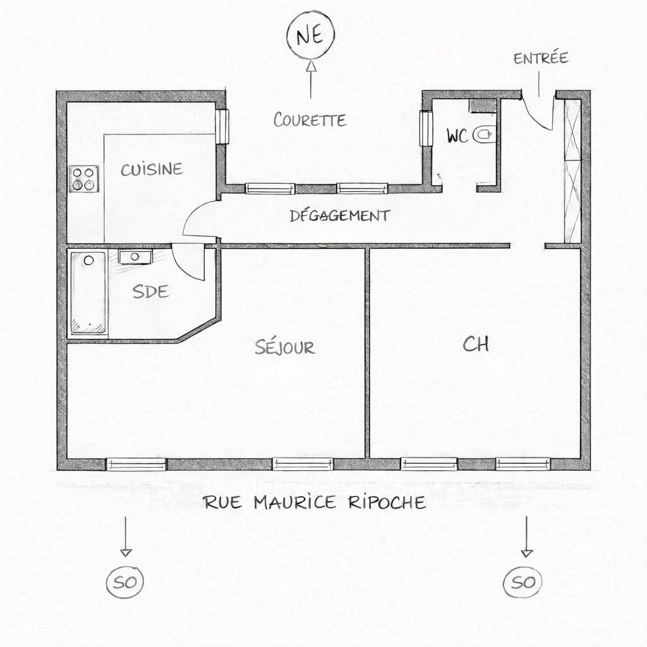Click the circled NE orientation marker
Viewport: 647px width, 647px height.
[x=310, y=36]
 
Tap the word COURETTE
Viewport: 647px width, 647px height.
[x=310, y=119]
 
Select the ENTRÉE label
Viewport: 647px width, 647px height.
[x=540, y=59]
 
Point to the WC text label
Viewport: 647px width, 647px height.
[x=457, y=136]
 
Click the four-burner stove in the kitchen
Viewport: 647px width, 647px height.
[x=84, y=178]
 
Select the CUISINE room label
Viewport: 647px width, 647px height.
[x=152, y=169]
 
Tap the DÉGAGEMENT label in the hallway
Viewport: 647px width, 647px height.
[x=339, y=215]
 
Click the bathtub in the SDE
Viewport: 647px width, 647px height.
[x=88, y=293]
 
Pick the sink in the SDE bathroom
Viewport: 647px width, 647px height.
[x=135, y=257]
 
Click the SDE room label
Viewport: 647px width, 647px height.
[x=150, y=291]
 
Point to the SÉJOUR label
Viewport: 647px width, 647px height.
[x=284, y=347]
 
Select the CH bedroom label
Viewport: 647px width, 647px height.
[x=476, y=344]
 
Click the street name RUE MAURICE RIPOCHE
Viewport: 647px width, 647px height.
[x=314, y=503]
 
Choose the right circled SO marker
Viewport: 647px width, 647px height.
[x=523, y=582]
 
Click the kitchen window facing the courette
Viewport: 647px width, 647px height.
[x=222, y=126]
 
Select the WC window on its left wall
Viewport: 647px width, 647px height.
[x=426, y=128]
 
